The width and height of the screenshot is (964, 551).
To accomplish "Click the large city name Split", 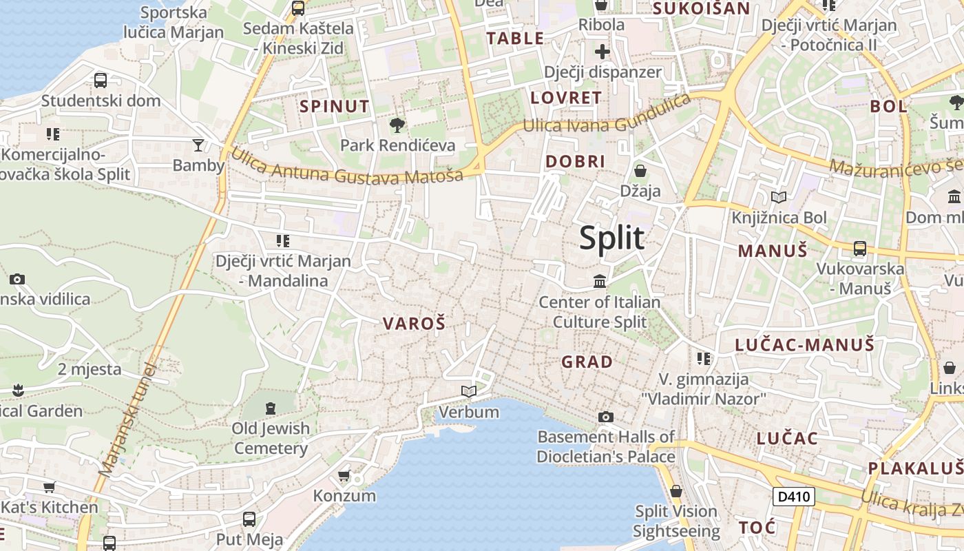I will pos(611,238).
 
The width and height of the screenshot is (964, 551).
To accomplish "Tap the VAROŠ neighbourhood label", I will pos(414,323).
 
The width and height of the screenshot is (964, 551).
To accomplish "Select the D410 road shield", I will pos(793,497).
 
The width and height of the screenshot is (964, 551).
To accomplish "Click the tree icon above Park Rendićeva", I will pos(397,125).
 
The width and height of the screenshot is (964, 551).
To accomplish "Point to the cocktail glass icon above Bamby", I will pos(198,145).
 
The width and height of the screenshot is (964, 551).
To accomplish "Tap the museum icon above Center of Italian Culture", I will pos(600,281).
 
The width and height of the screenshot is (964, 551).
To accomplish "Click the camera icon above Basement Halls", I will pos(606,417).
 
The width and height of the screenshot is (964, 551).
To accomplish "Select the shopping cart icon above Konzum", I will pos(344,475).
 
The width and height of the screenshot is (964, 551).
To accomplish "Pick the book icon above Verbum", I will pos(469,391).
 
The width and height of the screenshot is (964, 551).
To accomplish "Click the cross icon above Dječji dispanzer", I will pos(602,52).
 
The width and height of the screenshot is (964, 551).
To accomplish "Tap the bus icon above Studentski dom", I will pos(101,80).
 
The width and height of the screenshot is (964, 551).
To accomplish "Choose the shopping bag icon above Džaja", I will pos(640,170).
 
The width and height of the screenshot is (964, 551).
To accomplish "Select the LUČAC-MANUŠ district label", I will pos(804,344).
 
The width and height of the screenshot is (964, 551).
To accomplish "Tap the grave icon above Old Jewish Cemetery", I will pos(270,408).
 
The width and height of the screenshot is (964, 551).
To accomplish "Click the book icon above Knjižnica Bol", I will pos(779,198).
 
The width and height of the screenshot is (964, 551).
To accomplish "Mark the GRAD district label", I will pos(587,362).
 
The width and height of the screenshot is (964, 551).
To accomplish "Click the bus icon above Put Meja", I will pos(249,519).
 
